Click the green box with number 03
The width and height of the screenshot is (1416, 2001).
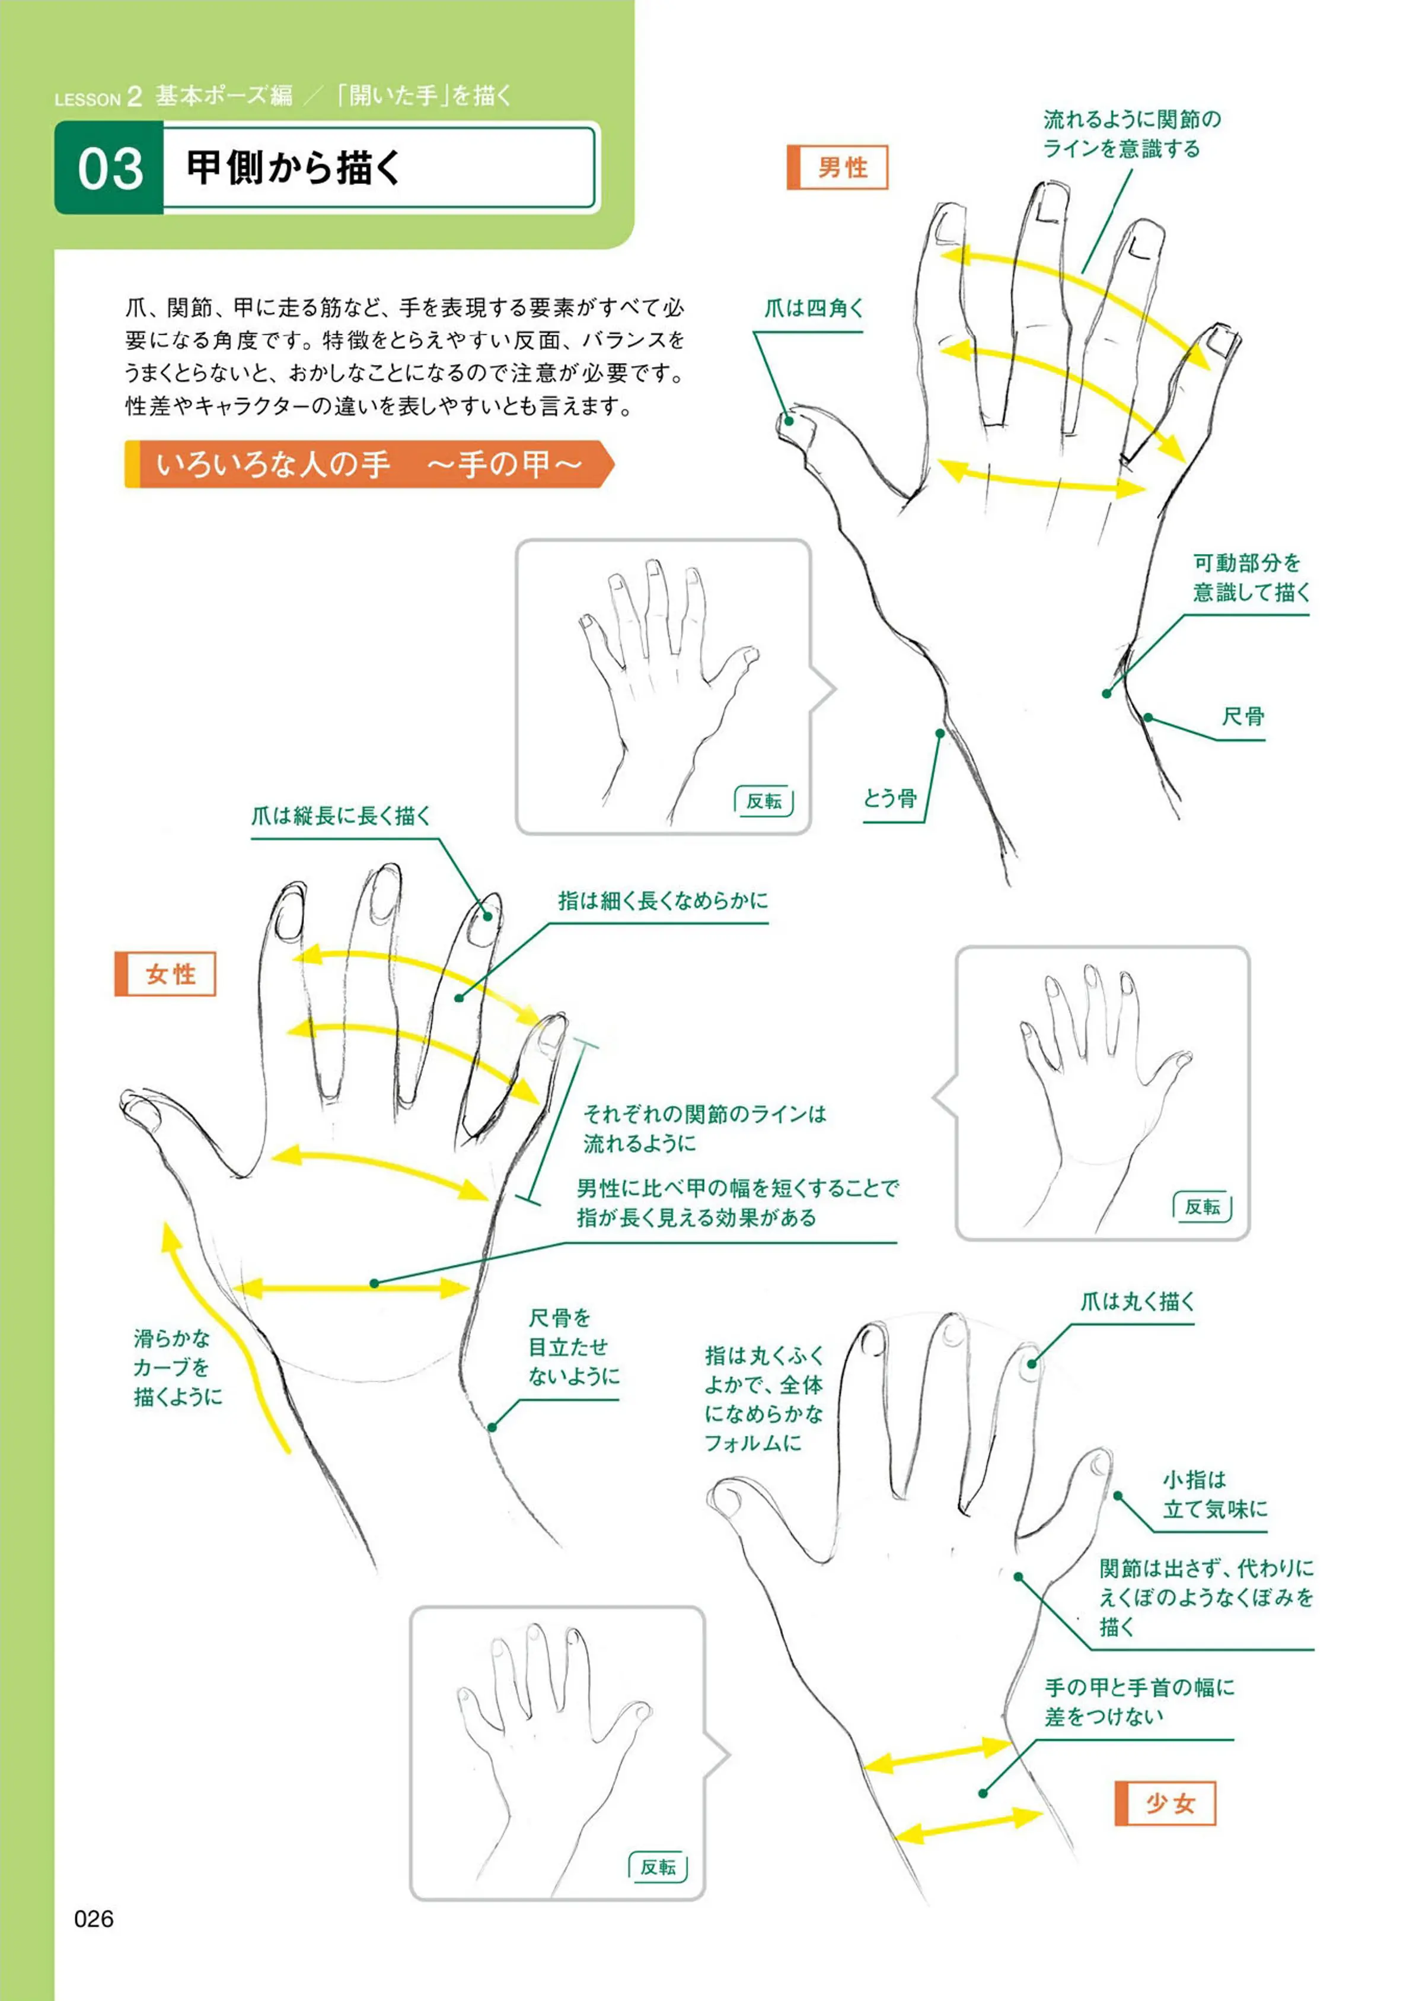[x=109, y=167]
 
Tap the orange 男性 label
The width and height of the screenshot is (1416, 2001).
[x=837, y=167]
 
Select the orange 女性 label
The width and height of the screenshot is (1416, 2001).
[x=165, y=974]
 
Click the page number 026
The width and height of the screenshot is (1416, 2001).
[x=94, y=1918]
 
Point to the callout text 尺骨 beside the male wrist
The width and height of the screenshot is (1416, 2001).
[x=1242, y=717]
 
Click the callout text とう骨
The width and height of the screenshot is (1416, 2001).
[x=890, y=798]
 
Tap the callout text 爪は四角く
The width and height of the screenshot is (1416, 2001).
[x=814, y=308]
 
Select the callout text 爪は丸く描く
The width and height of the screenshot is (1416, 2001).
[x=1137, y=1302]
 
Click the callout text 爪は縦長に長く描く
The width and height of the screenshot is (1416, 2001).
[x=341, y=816]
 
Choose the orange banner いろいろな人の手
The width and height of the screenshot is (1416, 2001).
[x=369, y=464]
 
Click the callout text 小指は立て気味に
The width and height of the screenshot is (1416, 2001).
[x=1214, y=1494]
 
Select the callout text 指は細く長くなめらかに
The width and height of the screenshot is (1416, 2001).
[x=663, y=900]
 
